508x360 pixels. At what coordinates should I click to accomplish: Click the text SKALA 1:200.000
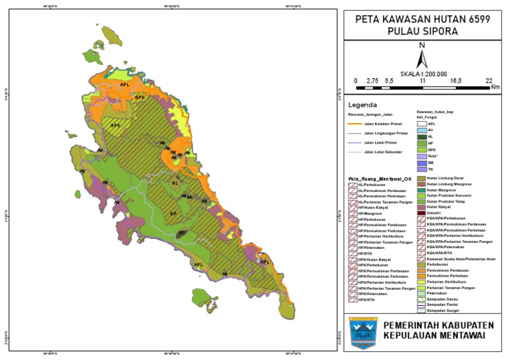(x=423, y=74)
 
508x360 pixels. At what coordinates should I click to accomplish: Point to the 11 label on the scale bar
(x=422, y=80)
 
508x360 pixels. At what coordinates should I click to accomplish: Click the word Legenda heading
(x=362, y=105)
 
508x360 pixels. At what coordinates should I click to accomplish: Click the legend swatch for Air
(x=421, y=130)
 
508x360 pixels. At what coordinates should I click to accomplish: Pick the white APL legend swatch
(x=421, y=124)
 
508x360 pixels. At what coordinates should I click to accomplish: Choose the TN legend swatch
(x=421, y=169)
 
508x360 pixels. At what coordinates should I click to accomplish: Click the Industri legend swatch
(x=421, y=212)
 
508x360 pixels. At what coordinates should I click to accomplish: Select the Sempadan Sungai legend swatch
(x=421, y=310)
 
